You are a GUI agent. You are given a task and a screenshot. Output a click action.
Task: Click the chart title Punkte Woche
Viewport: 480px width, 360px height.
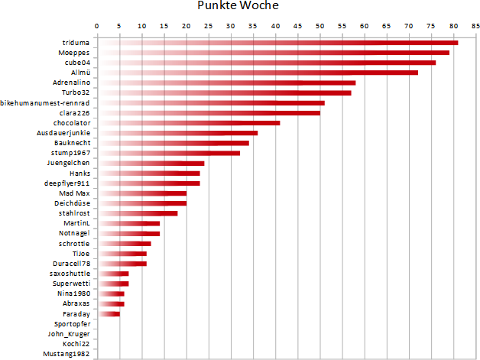point(238,7)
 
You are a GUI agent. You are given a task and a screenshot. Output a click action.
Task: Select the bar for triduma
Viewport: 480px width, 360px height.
point(277,42)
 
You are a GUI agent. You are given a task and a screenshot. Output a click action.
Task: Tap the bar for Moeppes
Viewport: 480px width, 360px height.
point(273,53)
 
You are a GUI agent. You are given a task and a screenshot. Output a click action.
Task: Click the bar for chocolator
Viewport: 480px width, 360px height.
point(188,123)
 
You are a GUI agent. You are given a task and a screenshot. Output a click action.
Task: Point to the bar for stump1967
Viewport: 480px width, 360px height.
point(168,153)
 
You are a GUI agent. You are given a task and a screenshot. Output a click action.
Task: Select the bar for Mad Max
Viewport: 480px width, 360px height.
point(141,193)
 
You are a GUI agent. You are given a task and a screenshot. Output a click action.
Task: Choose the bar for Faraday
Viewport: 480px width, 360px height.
point(108,314)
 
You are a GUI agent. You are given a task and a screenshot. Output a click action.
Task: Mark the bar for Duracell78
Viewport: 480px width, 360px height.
point(122,264)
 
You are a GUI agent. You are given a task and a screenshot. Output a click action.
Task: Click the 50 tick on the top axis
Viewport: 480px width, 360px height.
point(319,26)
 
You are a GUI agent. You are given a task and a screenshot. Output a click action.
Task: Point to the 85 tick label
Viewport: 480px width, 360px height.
point(475,26)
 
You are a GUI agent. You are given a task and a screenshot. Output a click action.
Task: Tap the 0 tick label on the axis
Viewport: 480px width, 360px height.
point(97,26)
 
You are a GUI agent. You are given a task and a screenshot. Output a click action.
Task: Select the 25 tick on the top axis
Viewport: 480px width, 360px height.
point(208,26)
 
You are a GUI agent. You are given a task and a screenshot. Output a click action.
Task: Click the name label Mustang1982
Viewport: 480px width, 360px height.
point(67,355)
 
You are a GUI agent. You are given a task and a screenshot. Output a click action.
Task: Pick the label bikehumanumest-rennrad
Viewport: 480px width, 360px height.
point(46,102)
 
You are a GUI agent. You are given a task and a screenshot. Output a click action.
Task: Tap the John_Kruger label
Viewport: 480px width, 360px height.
point(69,334)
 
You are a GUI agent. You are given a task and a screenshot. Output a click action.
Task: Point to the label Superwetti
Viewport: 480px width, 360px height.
point(72,284)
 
